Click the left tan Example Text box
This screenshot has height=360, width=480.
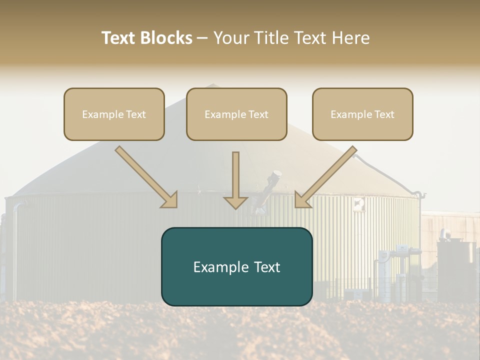(x=114, y=114)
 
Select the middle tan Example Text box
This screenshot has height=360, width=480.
(x=236, y=114)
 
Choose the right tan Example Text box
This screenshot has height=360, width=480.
(x=362, y=114)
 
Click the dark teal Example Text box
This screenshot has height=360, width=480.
(x=236, y=266)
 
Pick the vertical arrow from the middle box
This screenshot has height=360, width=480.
(x=235, y=177)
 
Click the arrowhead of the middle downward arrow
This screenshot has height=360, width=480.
(x=235, y=202)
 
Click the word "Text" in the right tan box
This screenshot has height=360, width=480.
(x=384, y=114)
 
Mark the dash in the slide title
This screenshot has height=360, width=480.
(x=202, y=38)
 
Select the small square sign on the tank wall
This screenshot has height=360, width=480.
(x=358, y=202)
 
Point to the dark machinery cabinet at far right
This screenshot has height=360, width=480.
(x=455, y=270)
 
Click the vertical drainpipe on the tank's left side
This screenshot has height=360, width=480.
(x=15, y=250)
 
